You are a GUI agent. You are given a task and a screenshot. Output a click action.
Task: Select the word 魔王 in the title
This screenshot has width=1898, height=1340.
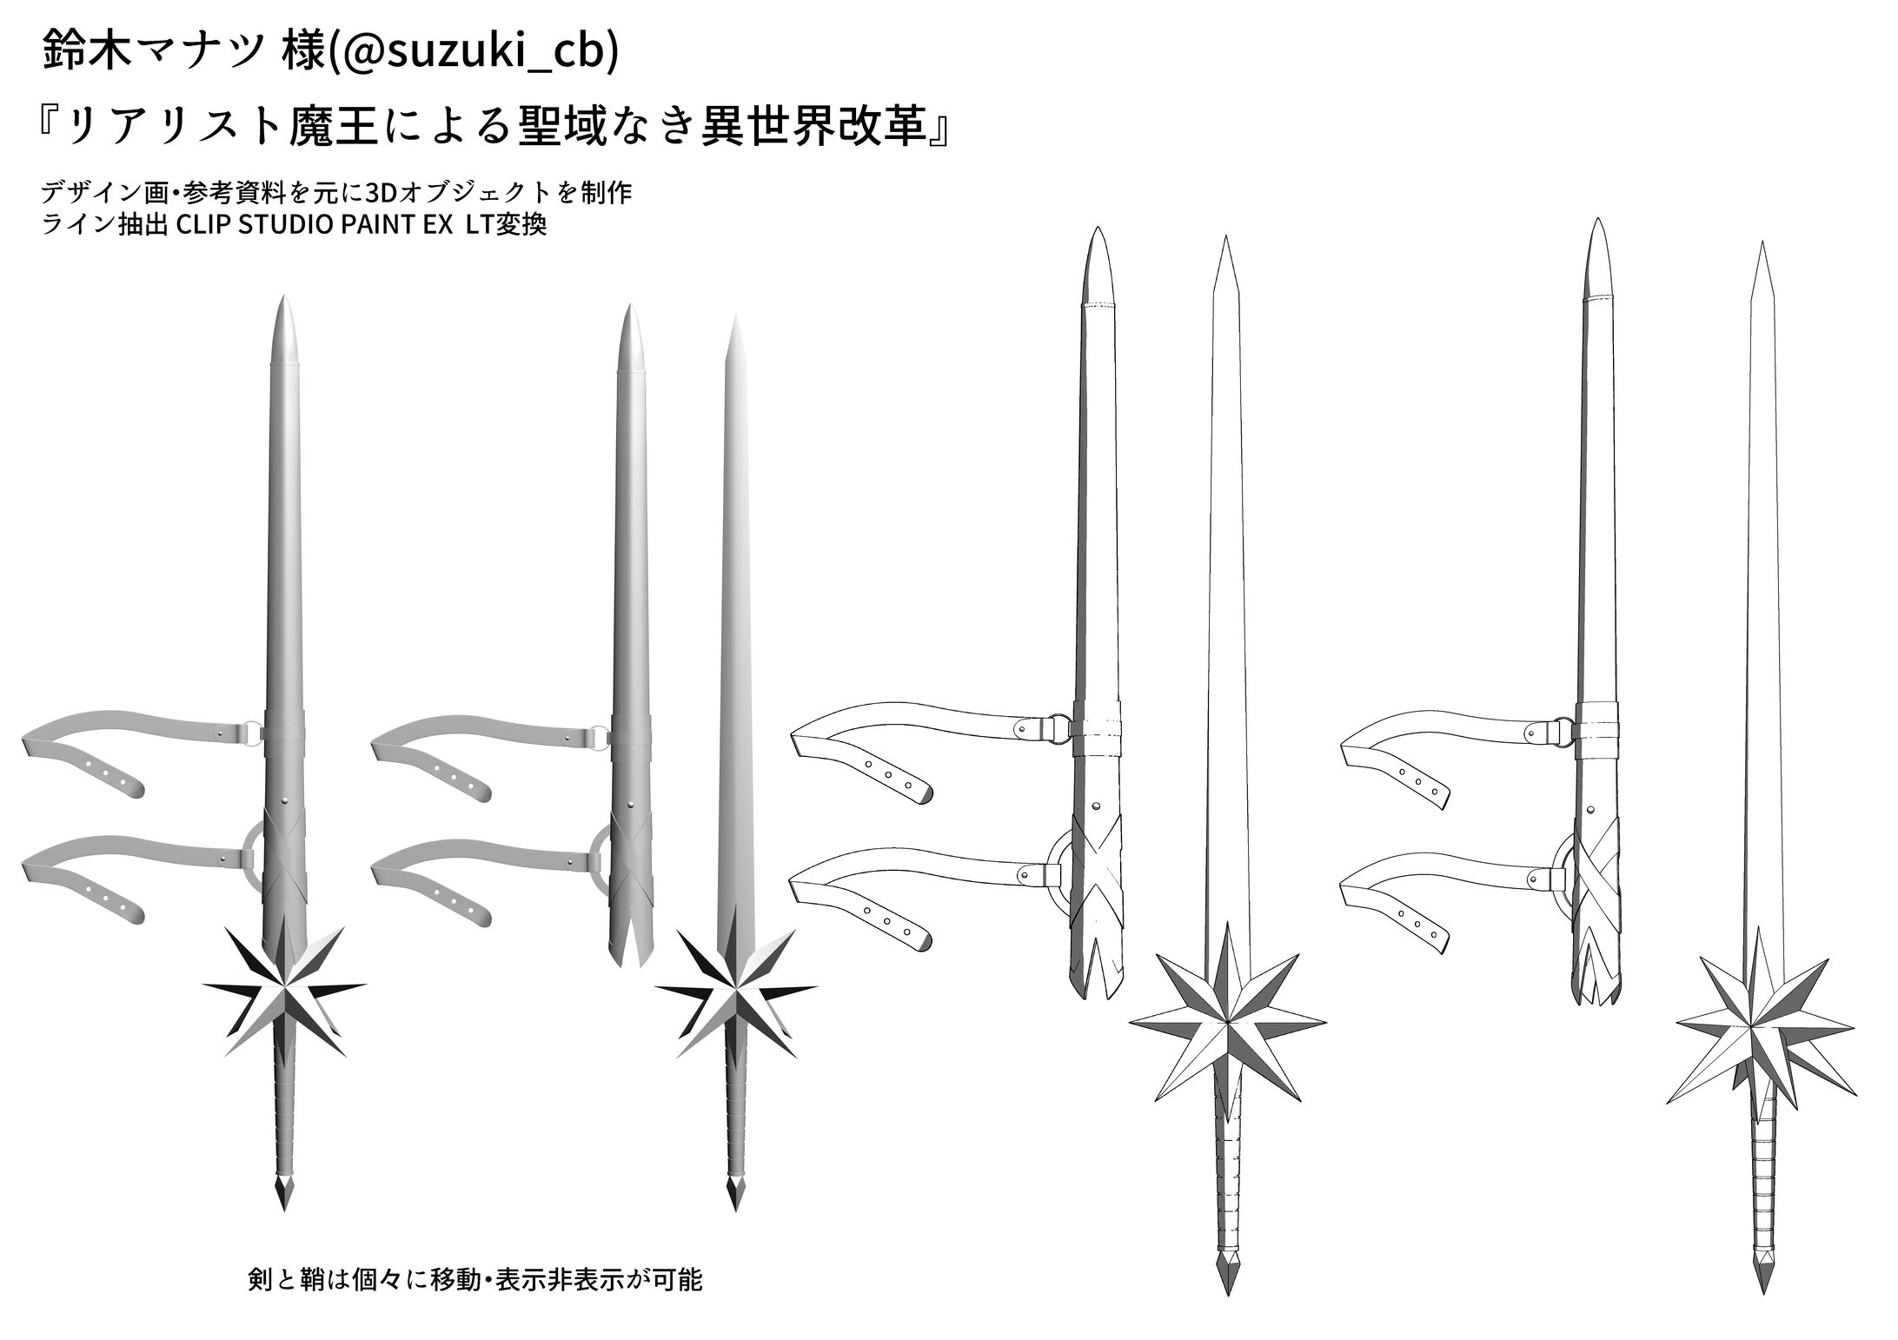(x=327, y=126)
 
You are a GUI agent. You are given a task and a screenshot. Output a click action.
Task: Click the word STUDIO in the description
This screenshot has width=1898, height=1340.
(x=285, y=225)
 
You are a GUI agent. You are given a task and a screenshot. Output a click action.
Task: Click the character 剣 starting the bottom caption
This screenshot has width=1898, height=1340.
(x=260, y=1280)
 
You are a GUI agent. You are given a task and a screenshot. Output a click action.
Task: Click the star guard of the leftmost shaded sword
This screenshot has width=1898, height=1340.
(x=285, y=991)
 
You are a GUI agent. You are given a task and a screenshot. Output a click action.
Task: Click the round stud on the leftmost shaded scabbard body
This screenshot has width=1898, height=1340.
(x=285, y=798)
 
